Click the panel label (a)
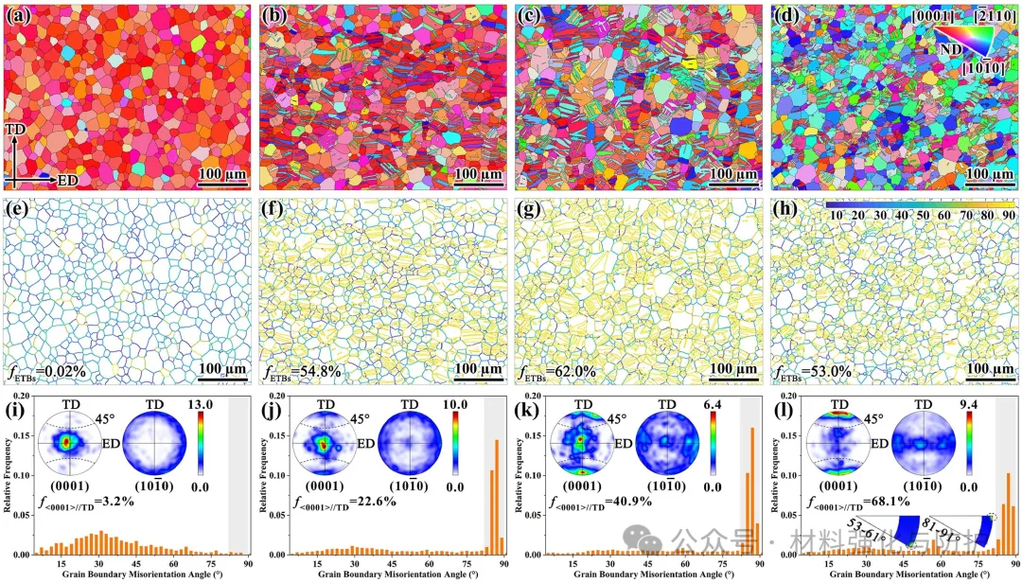point(20,15)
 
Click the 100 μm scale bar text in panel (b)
point(477,174)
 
